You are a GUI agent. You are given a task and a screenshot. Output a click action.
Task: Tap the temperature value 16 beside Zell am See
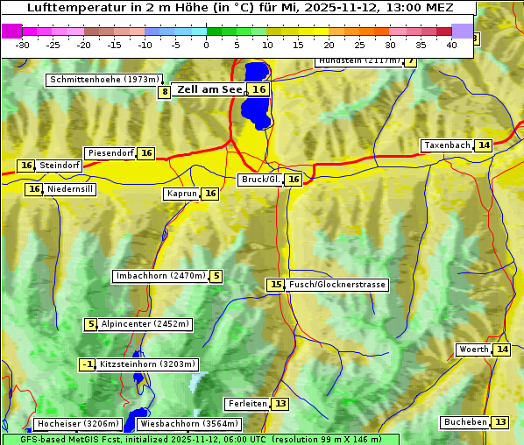point(258,89)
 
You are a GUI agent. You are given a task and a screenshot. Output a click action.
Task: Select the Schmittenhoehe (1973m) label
point(103,80)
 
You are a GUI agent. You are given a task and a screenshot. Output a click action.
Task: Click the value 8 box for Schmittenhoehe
point(164,92)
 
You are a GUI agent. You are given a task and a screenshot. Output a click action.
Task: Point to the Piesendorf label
point(110,153)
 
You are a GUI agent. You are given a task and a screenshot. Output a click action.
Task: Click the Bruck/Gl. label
point(260,180)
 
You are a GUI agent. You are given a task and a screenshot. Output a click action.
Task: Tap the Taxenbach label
point(447,145)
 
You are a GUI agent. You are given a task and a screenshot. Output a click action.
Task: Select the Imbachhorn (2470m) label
point(160,276)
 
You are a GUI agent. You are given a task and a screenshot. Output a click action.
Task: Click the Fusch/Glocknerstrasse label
point(337,285)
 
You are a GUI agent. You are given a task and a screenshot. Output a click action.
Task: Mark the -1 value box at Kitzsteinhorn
point(87,364)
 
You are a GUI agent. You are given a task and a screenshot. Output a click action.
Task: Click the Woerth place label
point(474,350)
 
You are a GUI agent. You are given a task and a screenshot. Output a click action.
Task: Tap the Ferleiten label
point(247,404)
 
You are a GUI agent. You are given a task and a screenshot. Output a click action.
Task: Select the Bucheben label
point(465,422)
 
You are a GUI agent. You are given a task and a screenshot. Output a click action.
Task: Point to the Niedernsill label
point(70,189)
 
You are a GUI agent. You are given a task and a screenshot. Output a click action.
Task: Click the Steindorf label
point(60,166)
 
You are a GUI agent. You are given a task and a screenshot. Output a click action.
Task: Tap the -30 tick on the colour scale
point(23,45)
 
